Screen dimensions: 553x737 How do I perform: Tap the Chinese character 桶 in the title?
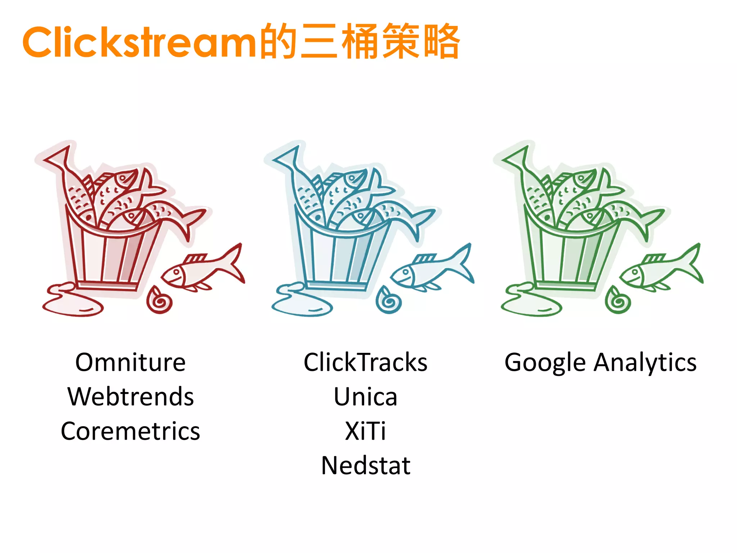[x=360, y=41]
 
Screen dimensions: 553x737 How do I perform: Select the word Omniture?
[x=130, y=362]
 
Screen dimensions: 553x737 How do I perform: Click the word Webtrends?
[x=131, y=397]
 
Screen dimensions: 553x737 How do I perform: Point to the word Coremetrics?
[x=130, y=431]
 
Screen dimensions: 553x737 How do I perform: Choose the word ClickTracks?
[x=366, y=362]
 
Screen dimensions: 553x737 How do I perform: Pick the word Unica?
[x=366, y=397]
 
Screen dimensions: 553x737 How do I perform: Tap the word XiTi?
[x=366, y=431]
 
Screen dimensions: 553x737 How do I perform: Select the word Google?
[x=545, y=363]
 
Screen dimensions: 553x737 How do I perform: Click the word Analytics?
[x=645, y=363]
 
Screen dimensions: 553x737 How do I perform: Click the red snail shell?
[x=159, y=300]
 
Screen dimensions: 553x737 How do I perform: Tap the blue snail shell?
[x=389, y=300]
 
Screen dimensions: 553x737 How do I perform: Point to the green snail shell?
[x=618, y=300]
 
